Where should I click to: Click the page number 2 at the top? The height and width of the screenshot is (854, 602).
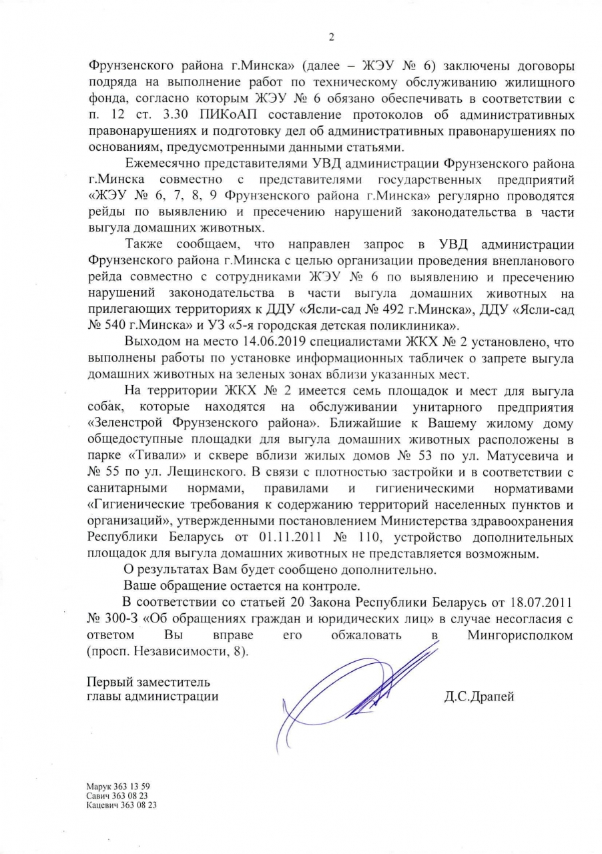332,37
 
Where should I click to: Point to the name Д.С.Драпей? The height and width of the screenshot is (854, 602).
479,697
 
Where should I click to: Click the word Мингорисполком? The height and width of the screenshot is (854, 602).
520,635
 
